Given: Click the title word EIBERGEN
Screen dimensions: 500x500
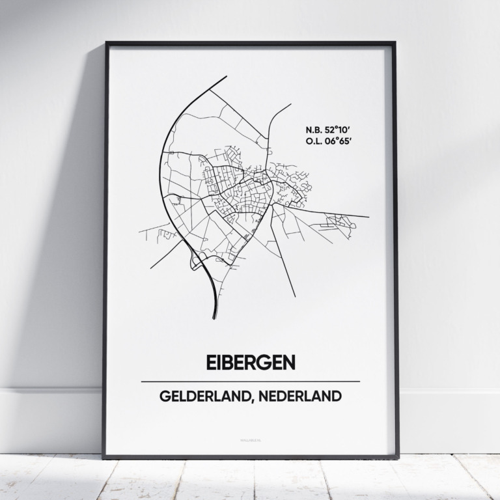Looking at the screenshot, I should (250, 363).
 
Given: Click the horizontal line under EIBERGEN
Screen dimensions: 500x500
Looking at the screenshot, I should (250, 382).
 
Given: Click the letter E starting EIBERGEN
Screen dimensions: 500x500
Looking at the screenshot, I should (211, 363).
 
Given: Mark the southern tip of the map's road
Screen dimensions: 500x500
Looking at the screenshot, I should (214, 318).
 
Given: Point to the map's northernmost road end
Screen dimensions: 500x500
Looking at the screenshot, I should (227, 76).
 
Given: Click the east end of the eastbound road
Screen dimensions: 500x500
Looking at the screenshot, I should (368, 217).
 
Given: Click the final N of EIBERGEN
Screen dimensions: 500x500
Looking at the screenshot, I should (288, 363).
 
